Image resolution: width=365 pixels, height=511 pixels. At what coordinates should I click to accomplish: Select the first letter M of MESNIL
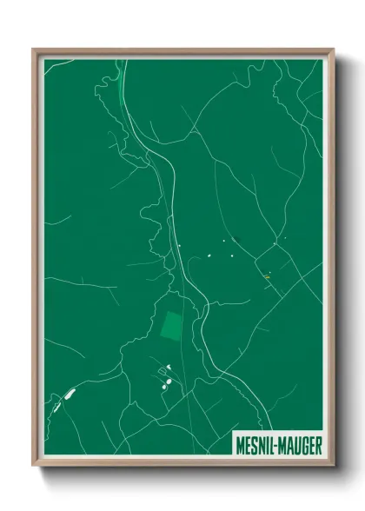point(240,445)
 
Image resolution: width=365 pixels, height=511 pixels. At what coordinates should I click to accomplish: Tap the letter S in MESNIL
point(254,445)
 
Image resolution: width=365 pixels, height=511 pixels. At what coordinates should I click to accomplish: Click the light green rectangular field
point(172,326)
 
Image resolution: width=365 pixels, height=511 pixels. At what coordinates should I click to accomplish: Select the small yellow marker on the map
point(267,276)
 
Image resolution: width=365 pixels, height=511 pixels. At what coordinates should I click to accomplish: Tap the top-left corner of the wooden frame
point(34,50)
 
